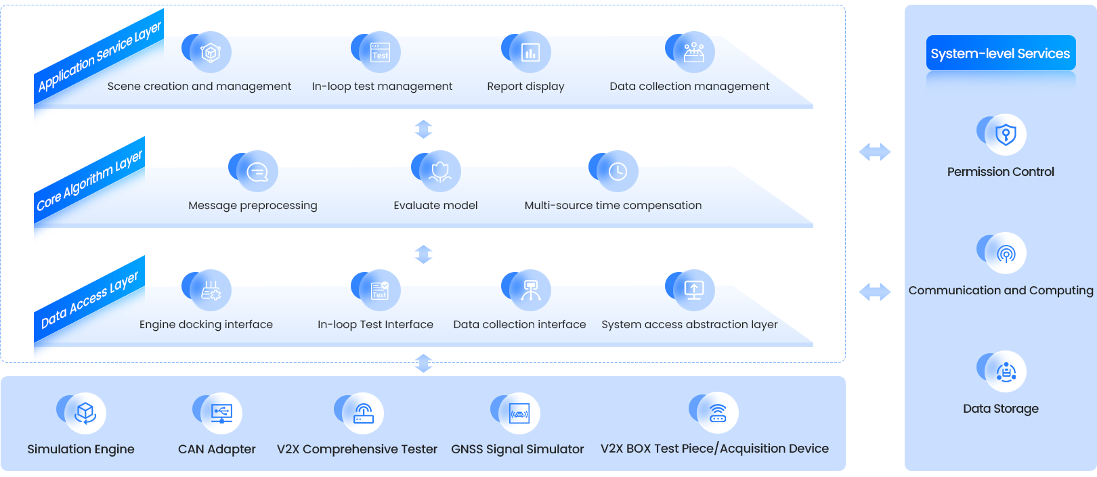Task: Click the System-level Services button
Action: pos(1000,53)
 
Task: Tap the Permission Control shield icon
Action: pos(1006,134)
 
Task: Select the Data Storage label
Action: pos(1000,409)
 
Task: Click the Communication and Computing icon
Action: pos(1006,253)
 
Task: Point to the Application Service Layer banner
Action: pos(99,57)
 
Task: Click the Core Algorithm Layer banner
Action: pos(89,181)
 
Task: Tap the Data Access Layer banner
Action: pos(89,299)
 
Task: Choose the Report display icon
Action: pos(530,52)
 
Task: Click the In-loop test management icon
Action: pos(379,52)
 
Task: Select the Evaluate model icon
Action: pos(439,171)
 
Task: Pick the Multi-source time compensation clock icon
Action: pos(617,171)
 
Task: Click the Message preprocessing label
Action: pos(253,206)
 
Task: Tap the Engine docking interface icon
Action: pos(210,290)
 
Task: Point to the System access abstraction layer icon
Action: pos(693,290)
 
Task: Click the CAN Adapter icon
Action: pos(221,413)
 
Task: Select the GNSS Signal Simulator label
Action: pos(517,449)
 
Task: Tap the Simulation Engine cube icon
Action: pos(85,413)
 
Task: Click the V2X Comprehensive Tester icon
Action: pos(363,413)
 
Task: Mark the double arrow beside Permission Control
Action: pos(874,152)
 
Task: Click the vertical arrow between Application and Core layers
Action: pos(423,129)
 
